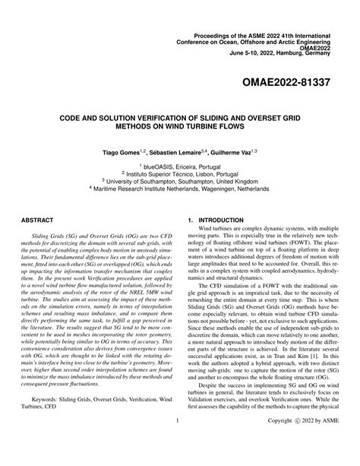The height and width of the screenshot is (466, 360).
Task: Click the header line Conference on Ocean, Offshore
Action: click(x=267, y=20)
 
